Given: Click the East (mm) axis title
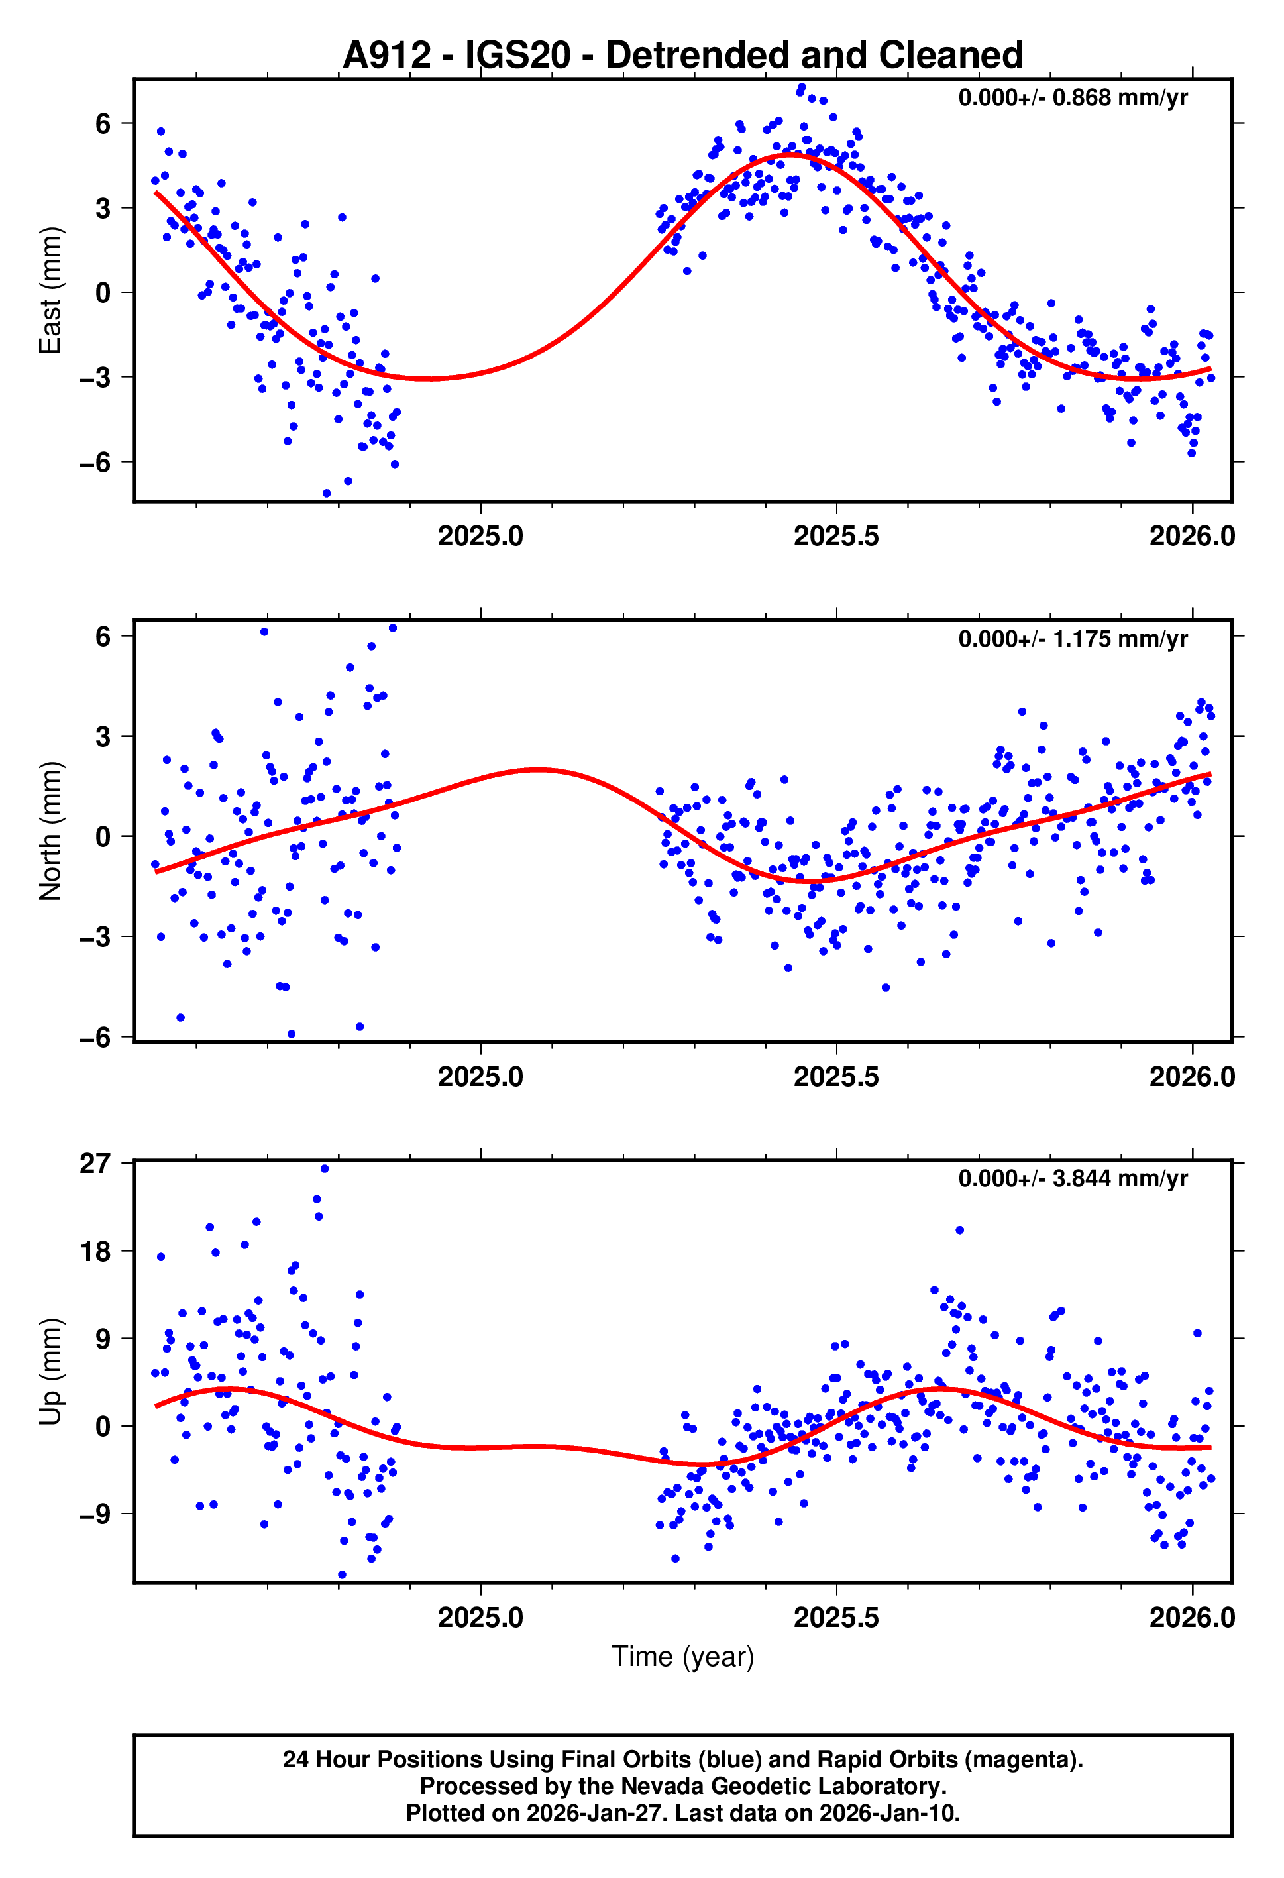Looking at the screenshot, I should (x=50, y=290).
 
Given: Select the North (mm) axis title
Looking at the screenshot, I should (x=50, y=831).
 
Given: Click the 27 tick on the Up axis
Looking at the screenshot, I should (x=95, y=1164).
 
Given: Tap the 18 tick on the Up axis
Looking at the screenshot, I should (x=95, y=1252).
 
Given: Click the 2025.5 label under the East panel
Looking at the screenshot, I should (x=835, y=535).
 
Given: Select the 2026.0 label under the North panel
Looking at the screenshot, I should (x=1192, y=1076).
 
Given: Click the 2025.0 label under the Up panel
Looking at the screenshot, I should (x=480, y=1617).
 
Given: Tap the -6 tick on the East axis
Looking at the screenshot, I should (x=95, y=463).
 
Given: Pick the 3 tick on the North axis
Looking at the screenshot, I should (x=103, y=736).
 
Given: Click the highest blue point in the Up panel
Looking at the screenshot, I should (x=325, y=1168).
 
